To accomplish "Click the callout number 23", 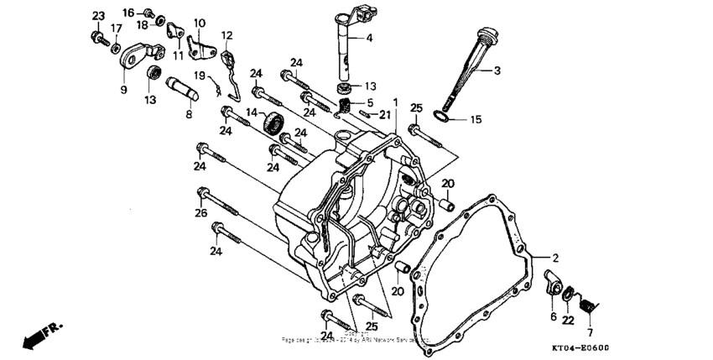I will pyautogui.click(x=98, y=17).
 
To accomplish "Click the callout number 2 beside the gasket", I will pyautogui.click(x=553, y=257).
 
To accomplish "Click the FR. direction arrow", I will pyautogui.click(x=38, y=335).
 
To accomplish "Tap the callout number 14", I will pyautogui.click(x=252, y=113).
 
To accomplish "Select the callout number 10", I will pyautogui.click(x=199, y=23).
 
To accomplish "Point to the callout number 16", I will pyautogui.click(x=128, y=12).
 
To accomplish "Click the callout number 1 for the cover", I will pyautogui.click(x=395, y=102).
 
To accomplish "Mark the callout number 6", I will pyautogui.click(x=553, y=316).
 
